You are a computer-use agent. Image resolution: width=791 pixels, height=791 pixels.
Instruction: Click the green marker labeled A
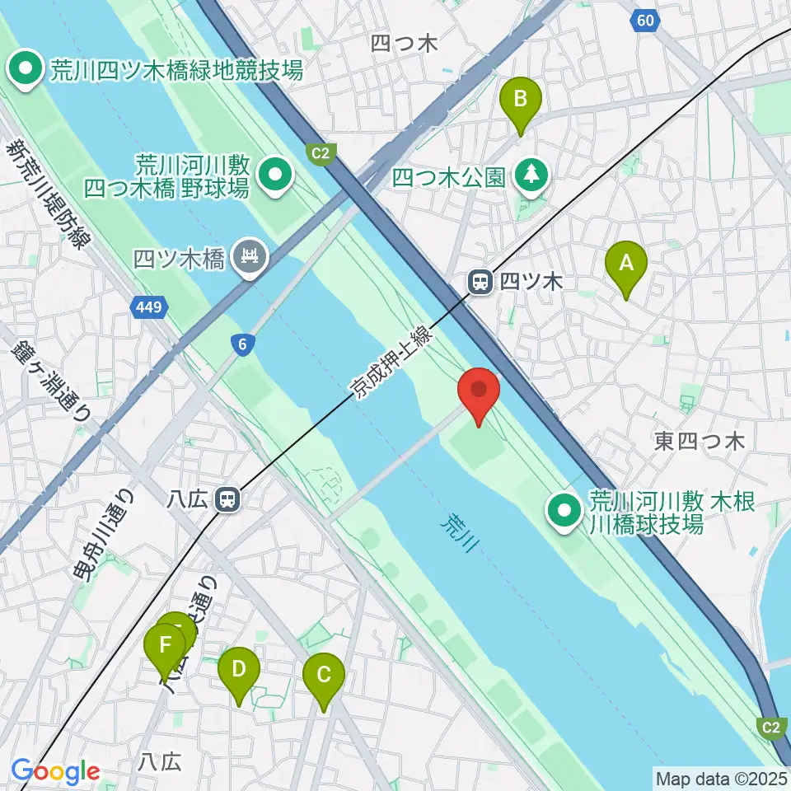click(x=626, y=264)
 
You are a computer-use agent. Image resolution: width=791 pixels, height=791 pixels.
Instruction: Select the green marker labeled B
click(x=521, y=100)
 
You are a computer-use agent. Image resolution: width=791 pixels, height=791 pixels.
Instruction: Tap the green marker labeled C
click(x=324, y=676)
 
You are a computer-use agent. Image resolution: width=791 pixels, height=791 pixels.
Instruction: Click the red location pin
click(x=479, y=390)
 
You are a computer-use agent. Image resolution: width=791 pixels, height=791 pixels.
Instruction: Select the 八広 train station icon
click(x=227, y=498)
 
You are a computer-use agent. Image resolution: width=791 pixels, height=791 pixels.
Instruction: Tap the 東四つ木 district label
click(x=700, y=442)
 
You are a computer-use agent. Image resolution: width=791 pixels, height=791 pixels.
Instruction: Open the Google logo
click(x=55, y=772)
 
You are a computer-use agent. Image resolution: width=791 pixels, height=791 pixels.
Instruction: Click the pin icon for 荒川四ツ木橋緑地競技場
click(x=26, y=68)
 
